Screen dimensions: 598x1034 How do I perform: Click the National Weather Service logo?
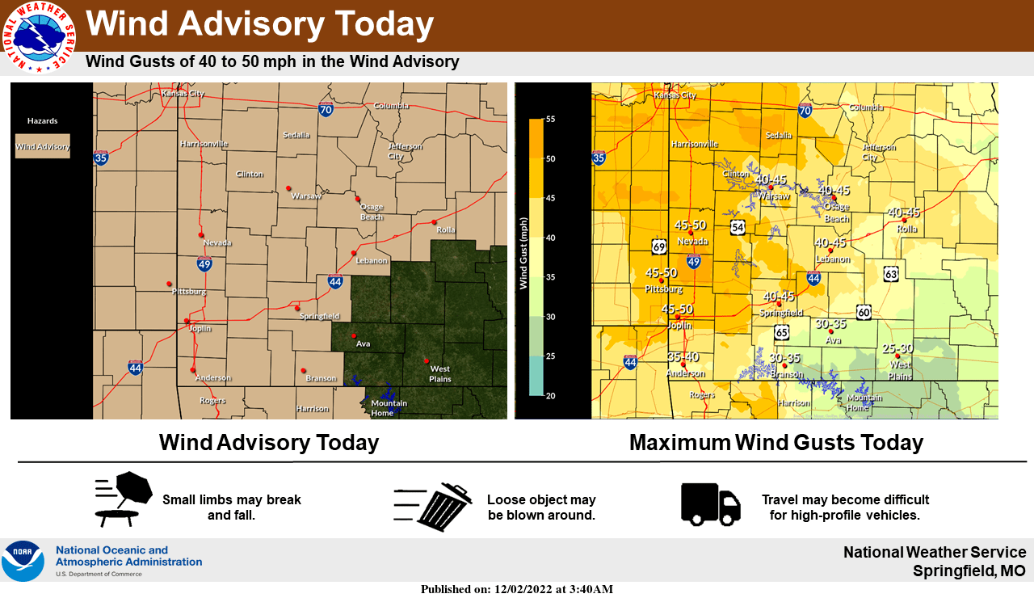[x=38, y=36]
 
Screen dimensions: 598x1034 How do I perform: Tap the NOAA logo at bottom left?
[x=23, y=561]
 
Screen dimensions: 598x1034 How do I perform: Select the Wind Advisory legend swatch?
[x=42, y=146]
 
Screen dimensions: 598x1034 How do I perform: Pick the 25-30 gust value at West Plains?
[x=897, y=348]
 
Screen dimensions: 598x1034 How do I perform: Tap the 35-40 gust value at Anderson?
[x=683, y=356]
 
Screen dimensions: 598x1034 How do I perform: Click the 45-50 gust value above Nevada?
[x=691, y=225]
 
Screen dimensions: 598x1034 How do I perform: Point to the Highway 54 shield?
[x=738, y=227]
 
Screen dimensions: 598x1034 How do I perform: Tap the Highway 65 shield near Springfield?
[x=781, y=331]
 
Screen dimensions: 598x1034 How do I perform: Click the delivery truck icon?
[x=710, y=503]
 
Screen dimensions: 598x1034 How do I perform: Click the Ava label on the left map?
[x=364, y=343]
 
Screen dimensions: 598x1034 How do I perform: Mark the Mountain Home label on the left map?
[x=388, y=408]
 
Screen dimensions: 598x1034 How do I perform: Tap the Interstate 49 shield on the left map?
[x=205, y=263]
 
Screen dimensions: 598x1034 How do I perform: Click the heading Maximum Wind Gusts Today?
[x=775, y=443]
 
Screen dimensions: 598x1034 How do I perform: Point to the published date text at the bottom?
[x=516, y=589]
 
